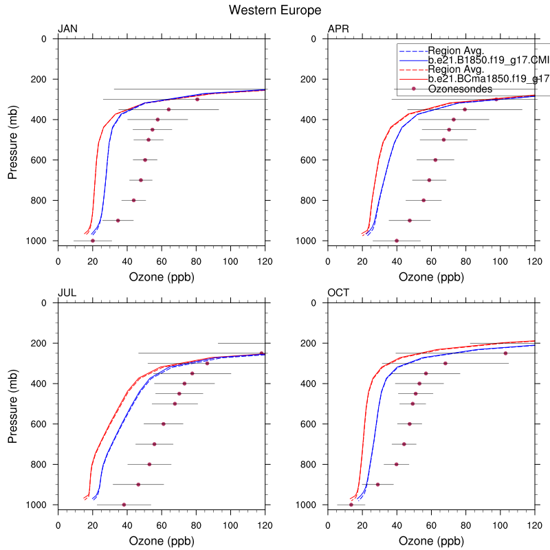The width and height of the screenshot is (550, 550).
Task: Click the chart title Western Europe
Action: [275, 10]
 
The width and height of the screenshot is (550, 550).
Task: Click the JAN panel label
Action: [67, 28]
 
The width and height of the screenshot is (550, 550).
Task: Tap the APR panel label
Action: [338, 28]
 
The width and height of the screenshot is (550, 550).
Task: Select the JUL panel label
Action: [67, 292]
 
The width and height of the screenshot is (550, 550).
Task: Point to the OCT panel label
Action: [338, 292]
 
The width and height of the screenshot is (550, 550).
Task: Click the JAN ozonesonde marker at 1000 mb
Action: [93, 241]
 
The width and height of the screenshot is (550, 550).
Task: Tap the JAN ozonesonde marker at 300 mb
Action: [197, 99]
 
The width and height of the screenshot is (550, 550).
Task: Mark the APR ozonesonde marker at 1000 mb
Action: [397, 241]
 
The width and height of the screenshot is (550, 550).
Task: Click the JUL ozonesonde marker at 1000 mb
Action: [124, 505]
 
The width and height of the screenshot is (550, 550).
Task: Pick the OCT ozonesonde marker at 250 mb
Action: [505, 353]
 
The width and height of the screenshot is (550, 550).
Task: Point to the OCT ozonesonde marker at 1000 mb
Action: [351, 505]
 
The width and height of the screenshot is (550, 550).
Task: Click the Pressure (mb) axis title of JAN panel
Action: [13, 140]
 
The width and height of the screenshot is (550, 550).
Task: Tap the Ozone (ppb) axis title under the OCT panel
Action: [431, 541]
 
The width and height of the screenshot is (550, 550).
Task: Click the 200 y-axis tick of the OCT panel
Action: [311, 343]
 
